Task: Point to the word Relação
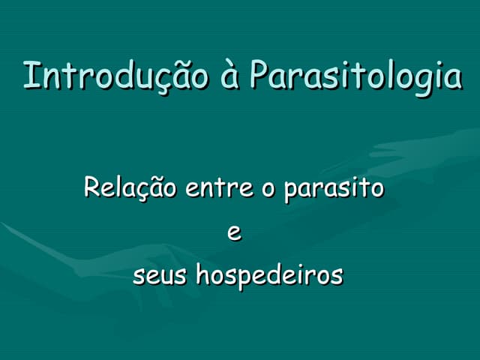(130, 187)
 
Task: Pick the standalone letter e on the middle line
(234, 233)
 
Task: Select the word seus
(160, 276)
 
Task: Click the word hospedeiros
(269, 276)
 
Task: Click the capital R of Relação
(91, 186)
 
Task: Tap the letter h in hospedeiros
(202, 274)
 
